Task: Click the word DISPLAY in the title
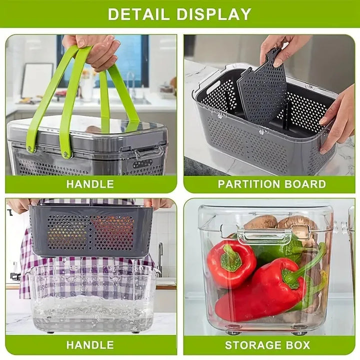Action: point(215,13)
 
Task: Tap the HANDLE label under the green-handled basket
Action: point(90,184)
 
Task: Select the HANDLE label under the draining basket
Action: point(90,345)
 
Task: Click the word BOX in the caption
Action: point(299,345)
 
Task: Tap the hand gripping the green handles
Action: point(95,50)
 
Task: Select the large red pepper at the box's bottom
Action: point(260,295)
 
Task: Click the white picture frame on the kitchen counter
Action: point(37,80)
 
